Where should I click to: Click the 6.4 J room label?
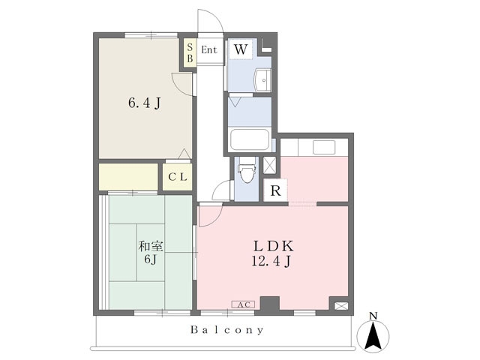pyautogui.click(x=145, y=103)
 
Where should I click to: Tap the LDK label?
pyautogui.click(x=273, y=246)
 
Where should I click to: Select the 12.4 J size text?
pyautogui.click(x=271, y=261)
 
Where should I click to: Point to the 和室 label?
pyautogui.click(x=151, y=246)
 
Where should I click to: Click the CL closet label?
pyautogui.click(x=178, y=177)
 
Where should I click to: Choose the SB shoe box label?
pyautogui.click(x=190, y=52)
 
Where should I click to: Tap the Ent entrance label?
pyautogui.click(x=209, y=50)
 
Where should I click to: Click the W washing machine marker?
pyautogui.click(x=241, y=49)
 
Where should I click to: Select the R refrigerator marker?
pyautogui.click(x=275, y=190)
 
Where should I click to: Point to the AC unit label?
pyautogui.click(x=243, y=304)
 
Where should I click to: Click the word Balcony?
pyautogui.click(x=226, y=330)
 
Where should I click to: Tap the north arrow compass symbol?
pyautogui.click(x=373, y=334)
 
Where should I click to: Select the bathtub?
pyautogui.click(x=250, y=139)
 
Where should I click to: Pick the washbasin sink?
pyautogui.click(x=263, y=80)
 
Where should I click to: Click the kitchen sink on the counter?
pyautogui.click(x=323, y=147)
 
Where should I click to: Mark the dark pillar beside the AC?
pyautogui.click(x=270, y=303)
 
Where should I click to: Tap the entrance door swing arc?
pyautogui.click(x=211, y=20)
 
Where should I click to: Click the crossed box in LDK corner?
pyautogui.click(x=341, y=306)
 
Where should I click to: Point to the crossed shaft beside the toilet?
pyautogui.click(x=269, y=165)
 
